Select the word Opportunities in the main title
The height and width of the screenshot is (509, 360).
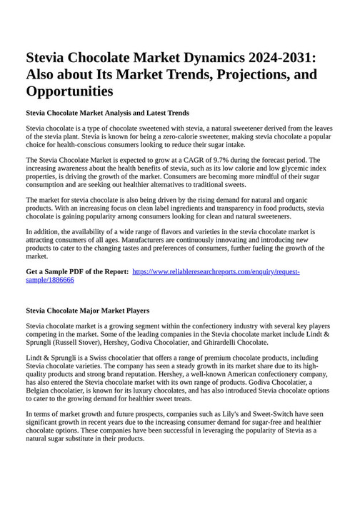69,91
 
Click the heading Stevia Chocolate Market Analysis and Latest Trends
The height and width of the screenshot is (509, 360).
107,113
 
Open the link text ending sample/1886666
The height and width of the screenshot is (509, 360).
50,280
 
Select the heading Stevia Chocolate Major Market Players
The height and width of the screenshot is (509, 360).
87,311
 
